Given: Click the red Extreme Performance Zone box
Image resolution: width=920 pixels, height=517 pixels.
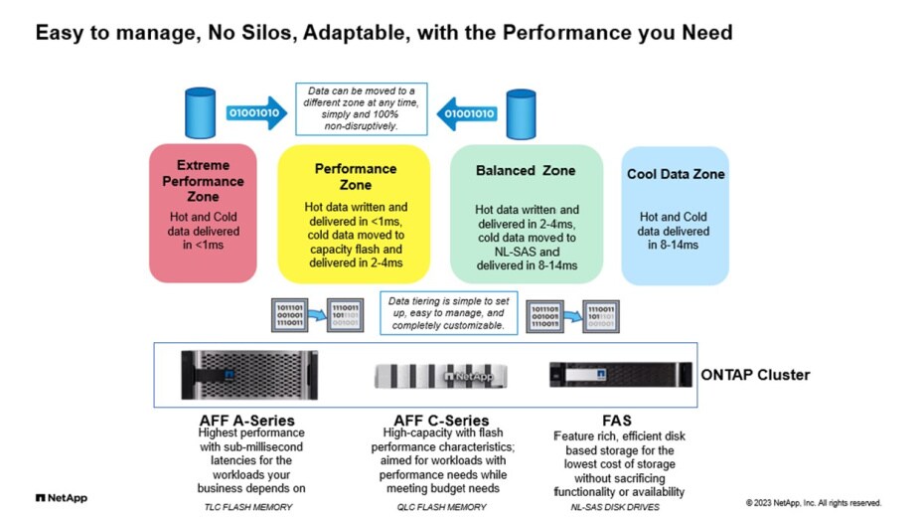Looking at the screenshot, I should [203, 213].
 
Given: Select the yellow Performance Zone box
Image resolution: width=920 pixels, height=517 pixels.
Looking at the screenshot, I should [355, 213].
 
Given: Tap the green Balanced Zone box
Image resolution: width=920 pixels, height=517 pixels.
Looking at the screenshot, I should [526, 213].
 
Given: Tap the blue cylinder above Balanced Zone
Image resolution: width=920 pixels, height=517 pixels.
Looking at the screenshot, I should [520, 113].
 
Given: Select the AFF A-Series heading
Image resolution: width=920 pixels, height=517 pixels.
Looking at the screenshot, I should [246, 421].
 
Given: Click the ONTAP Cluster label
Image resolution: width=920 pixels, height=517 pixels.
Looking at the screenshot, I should [755, 375].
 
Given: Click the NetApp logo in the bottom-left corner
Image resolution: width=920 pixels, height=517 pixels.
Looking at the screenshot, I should [62, 497].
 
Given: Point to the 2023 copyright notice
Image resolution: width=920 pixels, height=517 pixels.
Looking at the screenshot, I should [813, 502].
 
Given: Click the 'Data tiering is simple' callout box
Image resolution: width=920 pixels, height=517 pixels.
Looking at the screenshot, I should [446, 311].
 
